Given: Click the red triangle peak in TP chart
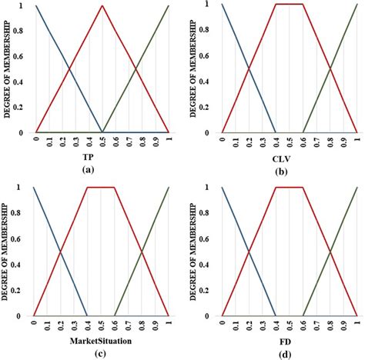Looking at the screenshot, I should (102, 6).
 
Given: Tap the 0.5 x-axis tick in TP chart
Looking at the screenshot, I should (102, 141).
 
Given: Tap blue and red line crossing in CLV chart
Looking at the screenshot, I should (249, 69).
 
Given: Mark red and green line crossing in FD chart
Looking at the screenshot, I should (330, 252).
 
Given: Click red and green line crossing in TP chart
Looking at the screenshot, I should (136, 69).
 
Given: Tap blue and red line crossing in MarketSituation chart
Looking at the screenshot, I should (60, 252).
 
